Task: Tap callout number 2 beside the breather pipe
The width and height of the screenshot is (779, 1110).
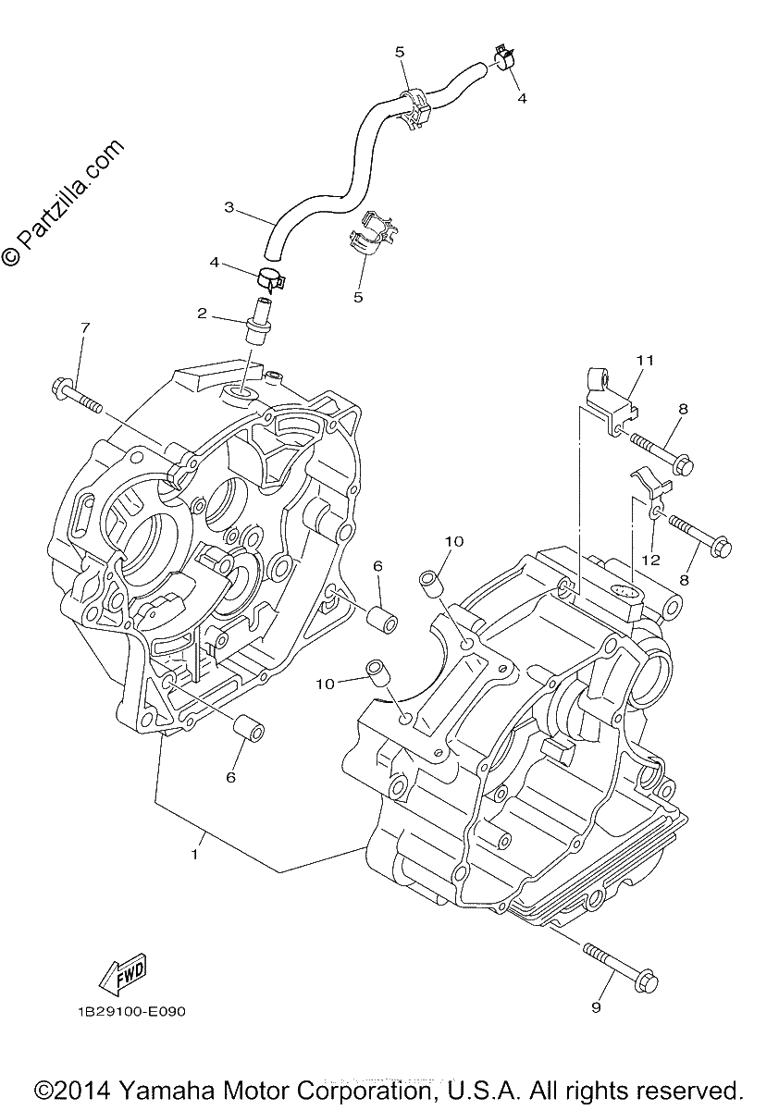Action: pyautogui.click(x=202, y=314)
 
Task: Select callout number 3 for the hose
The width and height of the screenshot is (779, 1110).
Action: pyautogui.click(x=229, y=206)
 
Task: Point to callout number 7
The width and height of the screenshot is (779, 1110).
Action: pyautogui.click(x=85, y=327)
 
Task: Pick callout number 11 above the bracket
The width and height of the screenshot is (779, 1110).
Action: pyautogui.click(x=646, y=360)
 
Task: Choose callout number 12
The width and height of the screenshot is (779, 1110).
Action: pyautogui.click(x=653, y=560)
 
